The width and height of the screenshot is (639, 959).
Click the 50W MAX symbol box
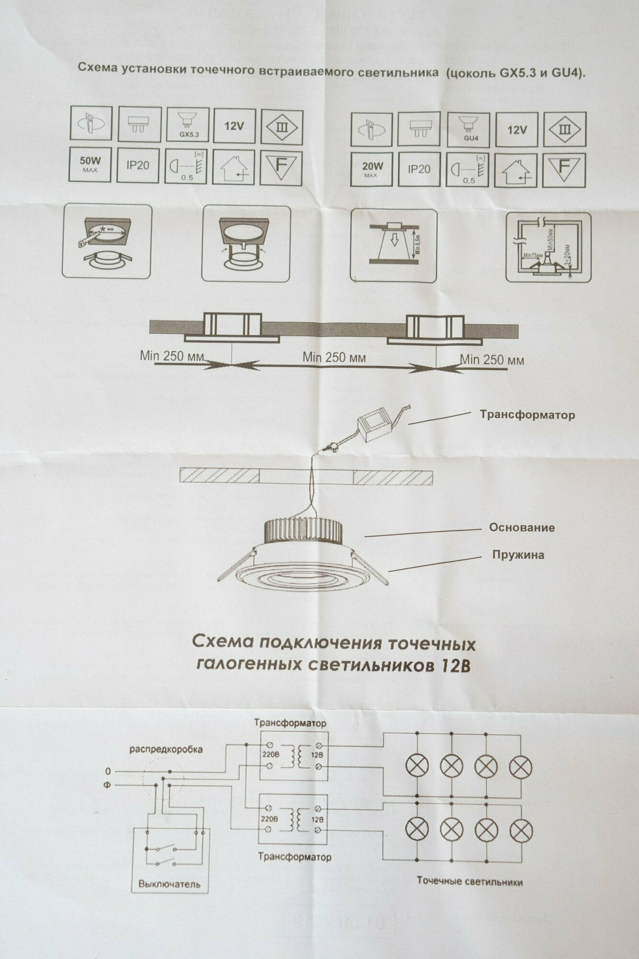[90, 164]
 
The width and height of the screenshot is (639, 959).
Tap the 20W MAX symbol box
[372, 169]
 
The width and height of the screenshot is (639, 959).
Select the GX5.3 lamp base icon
[188, 125]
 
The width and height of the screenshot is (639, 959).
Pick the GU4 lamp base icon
[469, 129]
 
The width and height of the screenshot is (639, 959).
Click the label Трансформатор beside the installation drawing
[527, 415]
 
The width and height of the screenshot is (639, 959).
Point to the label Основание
[522, 527]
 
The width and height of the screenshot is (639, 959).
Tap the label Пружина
[518, 555]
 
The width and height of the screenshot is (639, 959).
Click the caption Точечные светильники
[470, 881]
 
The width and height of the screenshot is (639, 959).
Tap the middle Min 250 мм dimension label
[334, 357]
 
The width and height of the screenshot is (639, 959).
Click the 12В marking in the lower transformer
[317, 819]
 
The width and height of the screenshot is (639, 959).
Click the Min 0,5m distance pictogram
[394, 245]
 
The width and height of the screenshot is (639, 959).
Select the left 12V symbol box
[234, 126]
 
